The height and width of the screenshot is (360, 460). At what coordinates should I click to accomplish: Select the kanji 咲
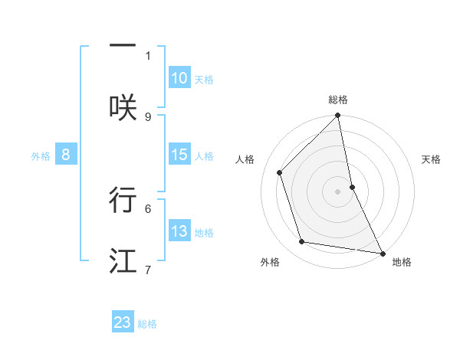123,106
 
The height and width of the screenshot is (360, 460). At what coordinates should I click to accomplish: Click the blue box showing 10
179,78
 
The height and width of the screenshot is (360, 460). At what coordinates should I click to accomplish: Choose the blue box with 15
179,155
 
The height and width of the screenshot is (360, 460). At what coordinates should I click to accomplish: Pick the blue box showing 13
179,231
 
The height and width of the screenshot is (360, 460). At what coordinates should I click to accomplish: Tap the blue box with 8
66,155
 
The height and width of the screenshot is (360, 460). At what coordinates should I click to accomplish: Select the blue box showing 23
123,322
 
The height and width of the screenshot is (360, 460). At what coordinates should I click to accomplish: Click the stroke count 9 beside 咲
148,116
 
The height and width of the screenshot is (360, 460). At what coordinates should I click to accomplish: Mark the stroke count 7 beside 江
148,270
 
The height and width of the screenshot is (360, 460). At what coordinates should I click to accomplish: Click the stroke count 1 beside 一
148,55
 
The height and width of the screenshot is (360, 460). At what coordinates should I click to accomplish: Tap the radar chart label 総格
338,100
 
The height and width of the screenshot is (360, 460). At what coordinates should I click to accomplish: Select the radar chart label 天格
431,159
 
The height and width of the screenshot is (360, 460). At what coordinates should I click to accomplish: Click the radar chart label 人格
245,159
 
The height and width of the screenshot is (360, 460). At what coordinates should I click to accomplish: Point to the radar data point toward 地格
382,253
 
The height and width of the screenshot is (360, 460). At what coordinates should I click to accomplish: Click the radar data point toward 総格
338,116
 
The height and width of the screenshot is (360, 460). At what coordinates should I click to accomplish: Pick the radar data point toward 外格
302,242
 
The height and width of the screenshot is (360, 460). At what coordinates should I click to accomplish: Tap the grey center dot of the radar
338,191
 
